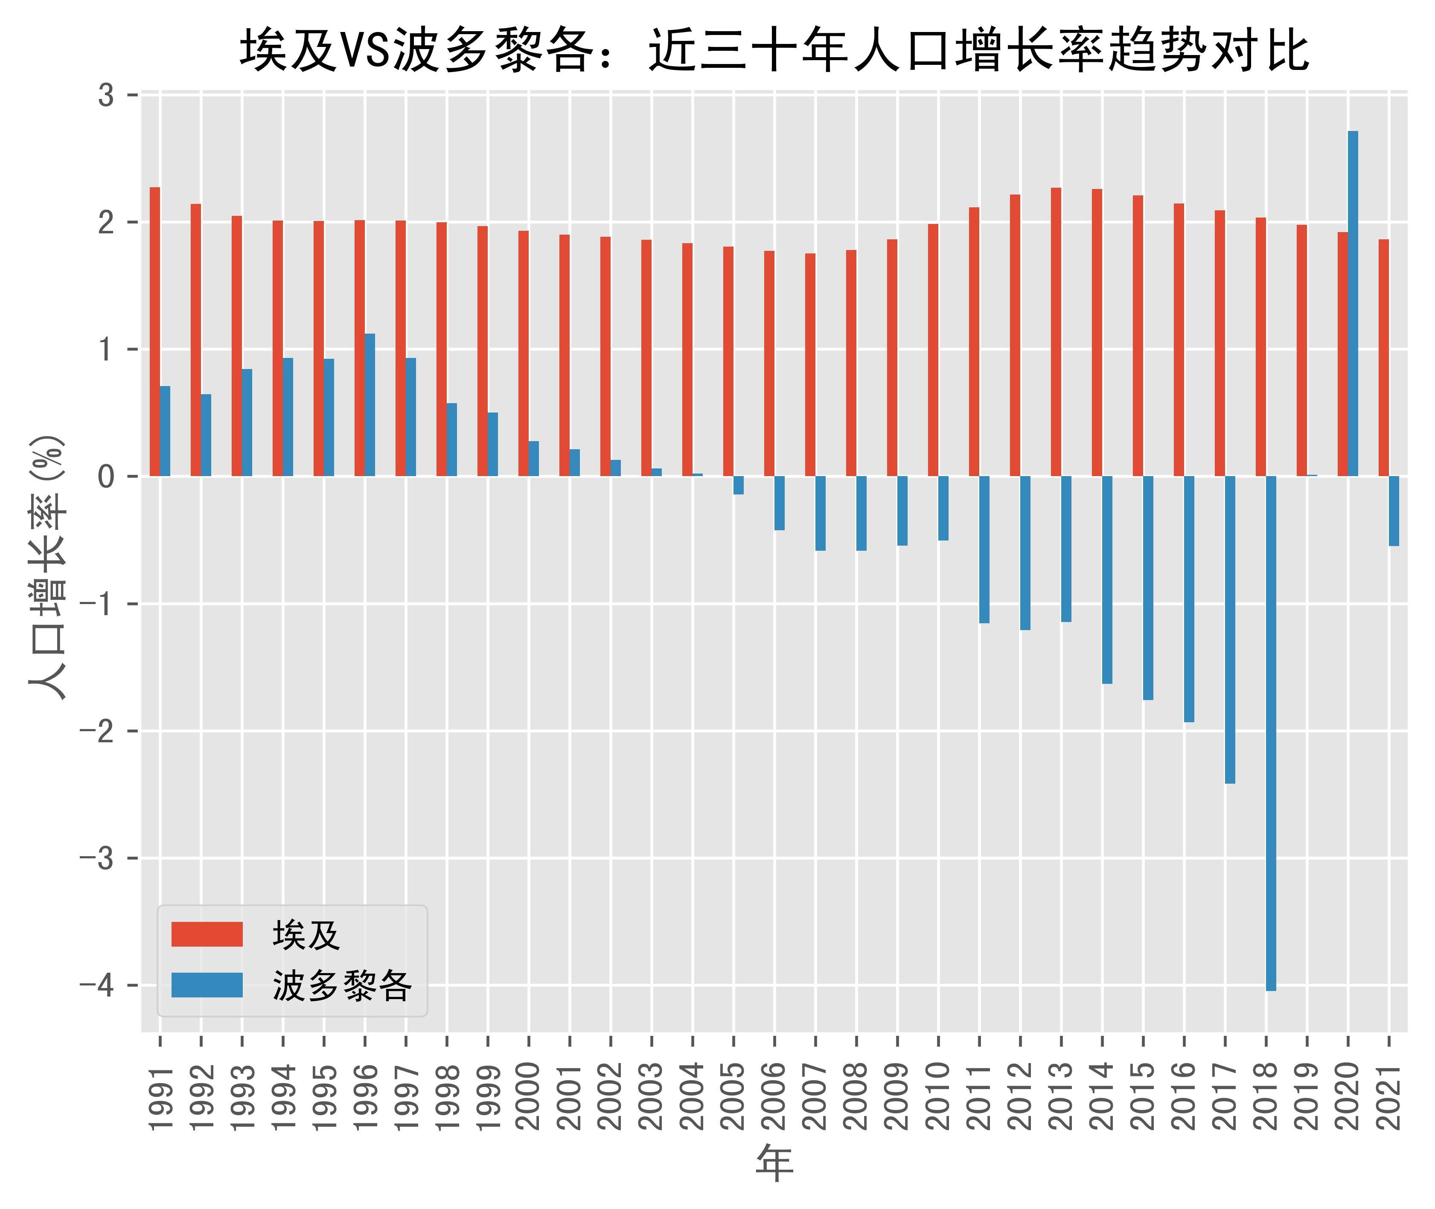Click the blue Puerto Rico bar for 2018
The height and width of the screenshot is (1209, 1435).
[x=1270, y=733]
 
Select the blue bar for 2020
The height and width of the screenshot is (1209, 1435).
[x=1353, y=304]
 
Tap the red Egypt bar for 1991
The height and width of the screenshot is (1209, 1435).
[x=155, y=332]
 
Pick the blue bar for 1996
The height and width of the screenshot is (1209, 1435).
[x=370, y=405]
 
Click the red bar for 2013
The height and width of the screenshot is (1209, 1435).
[x=1056, y=332]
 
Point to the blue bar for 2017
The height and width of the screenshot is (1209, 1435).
[x=1230, y=629]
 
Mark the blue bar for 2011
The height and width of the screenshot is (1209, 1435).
[x=984, y=549]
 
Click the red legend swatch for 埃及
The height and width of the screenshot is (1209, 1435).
[x=207, y=934]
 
